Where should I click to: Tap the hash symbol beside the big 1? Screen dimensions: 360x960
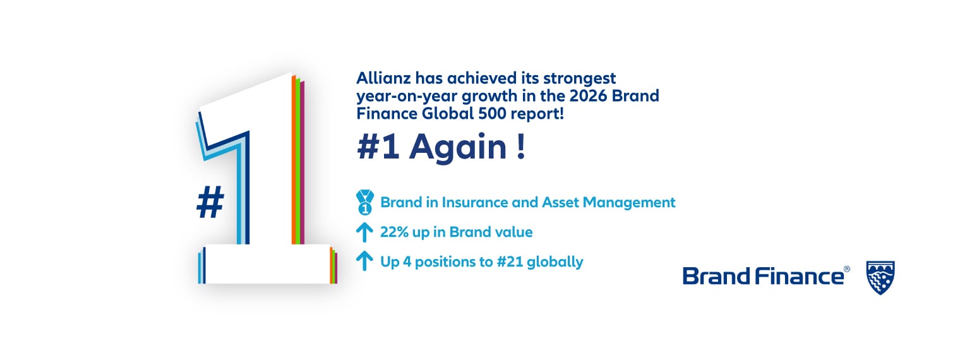(x=210, y=203)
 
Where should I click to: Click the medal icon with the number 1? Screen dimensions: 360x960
(x=364, y=203)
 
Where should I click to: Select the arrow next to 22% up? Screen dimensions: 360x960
(x=364, y=232)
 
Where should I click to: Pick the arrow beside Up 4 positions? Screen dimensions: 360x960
(x=364, y=261)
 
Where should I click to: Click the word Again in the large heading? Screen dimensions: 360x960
(x=458, y=148)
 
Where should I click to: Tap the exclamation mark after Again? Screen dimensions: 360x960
(x=521, y=148)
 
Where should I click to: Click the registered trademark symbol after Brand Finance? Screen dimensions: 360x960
(x=847, y=269)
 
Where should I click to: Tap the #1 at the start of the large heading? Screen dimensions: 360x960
(x=378, y=148)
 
